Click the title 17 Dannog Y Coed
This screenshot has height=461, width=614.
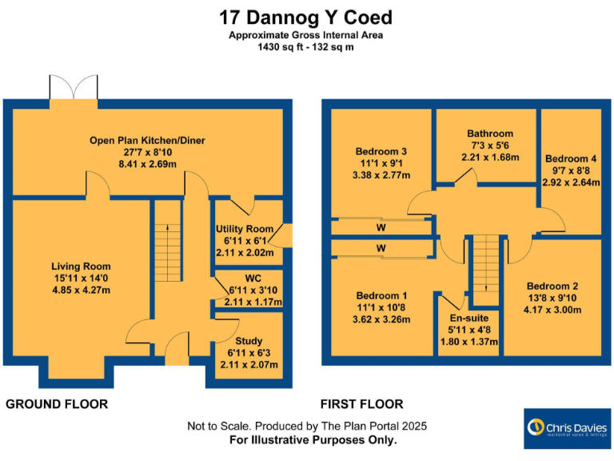tap(306, 17)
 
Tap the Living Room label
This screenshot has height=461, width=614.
tap(81, 267)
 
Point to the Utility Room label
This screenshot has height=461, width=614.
tap(245, 229)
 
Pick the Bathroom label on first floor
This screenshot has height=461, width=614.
tap(490, 134)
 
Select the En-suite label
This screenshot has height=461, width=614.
tap(469, 319)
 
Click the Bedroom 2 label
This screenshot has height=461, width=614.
tap(552, 287)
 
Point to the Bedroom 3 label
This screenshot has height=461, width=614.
tap(381, 151)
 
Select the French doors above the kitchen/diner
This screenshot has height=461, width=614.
tap(74, 91)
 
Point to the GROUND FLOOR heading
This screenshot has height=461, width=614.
tap(57, 404)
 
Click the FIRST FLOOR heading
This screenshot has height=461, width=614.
tap(361, 404)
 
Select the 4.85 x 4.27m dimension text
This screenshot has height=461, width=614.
tap(81, 291)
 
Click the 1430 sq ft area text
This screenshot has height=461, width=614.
tap(306, 47)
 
